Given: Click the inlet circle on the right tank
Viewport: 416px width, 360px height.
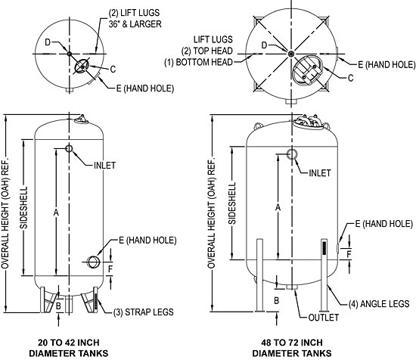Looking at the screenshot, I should pos(292,154).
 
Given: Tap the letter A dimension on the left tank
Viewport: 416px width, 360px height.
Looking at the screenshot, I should pos(55,213).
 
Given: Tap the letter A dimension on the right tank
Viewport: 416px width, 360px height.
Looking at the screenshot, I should pos(279,206).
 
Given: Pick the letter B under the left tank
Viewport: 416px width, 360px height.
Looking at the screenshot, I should pos(58,306).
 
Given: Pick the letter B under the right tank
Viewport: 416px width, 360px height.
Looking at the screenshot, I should pos(277,300).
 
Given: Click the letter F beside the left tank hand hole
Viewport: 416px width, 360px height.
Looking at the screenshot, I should pos(110,268).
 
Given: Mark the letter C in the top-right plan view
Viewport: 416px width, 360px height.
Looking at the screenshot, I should pos(351,78).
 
